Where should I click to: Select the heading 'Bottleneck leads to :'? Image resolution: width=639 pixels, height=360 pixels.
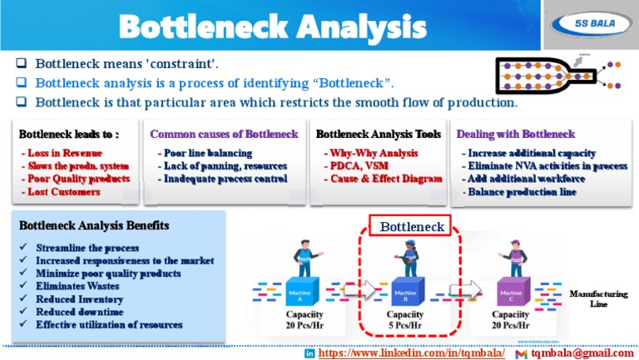(x=69, y=134)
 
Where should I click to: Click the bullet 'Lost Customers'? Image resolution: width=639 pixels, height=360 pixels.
(x=62, y=191)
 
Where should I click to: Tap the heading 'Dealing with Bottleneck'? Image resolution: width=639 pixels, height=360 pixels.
(x=516, y=134)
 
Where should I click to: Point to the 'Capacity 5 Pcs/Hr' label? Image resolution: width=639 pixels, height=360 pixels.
(x=405, y=320)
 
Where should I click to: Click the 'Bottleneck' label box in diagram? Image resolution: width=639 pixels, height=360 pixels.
(x=411, y=226)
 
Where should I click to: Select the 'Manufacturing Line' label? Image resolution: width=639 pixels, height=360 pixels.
(x=598, y=298)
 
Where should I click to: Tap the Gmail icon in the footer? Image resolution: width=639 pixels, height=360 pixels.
(x=521, y=353)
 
